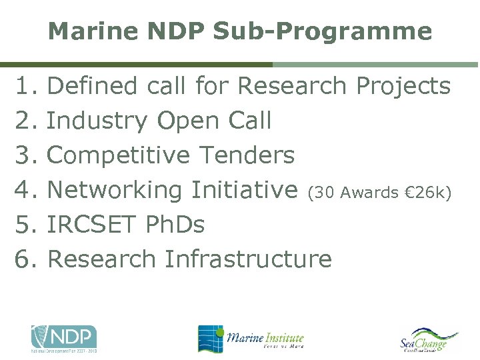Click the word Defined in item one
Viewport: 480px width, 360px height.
93,86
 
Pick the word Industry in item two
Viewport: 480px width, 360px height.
98,121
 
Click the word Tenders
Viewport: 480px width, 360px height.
247,155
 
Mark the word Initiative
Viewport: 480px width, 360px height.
244,190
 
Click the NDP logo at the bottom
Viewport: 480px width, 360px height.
64,338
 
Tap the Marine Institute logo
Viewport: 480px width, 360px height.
251,338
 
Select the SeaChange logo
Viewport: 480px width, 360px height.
428,339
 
